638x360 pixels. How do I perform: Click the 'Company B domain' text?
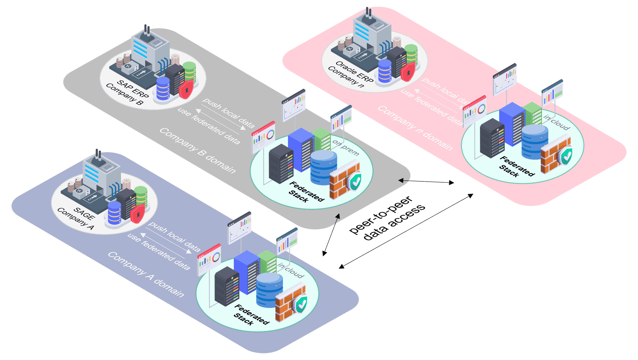(197, 150)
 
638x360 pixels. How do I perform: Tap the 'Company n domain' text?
(415, 128)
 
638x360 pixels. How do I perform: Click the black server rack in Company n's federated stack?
(492, 137)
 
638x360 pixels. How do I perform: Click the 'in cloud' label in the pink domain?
(557, 122)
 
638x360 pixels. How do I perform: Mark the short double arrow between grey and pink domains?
(426, 181)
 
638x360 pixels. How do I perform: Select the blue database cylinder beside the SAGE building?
(115, 213)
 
